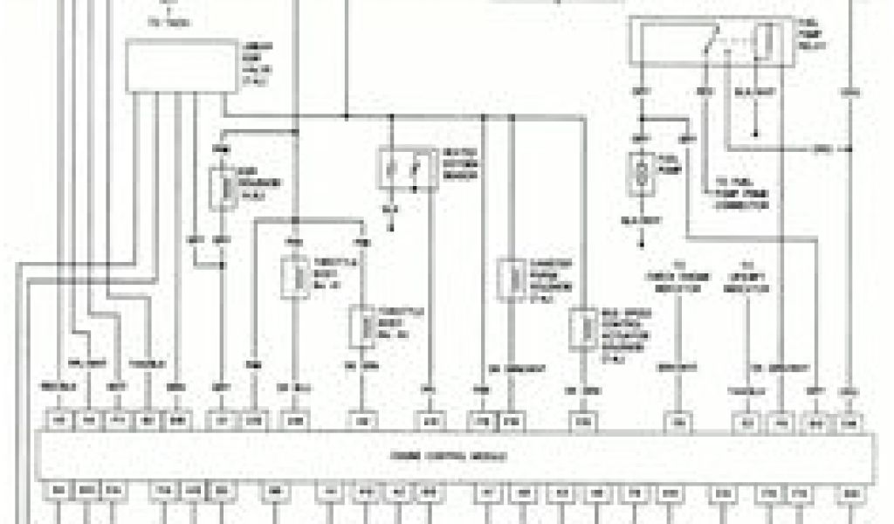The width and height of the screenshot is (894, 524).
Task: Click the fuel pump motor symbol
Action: (x=641, y=172)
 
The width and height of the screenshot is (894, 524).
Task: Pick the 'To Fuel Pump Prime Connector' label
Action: (x=740, y=191)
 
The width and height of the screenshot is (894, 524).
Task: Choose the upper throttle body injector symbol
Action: (x=292, y=277)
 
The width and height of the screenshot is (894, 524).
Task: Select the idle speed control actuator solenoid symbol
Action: (x=579, y=329)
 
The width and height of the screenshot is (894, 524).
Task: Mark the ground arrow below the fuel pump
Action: (x=643, y=238)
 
